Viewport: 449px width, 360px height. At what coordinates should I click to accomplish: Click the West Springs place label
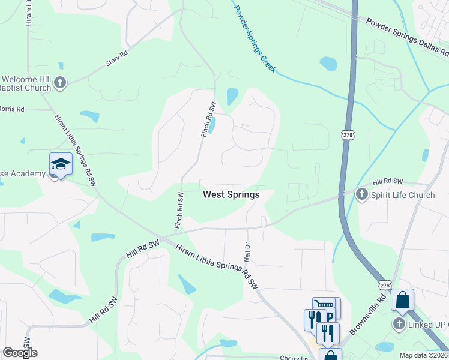click(231, 194)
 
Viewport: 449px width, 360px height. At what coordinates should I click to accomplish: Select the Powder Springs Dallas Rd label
click(408, 35)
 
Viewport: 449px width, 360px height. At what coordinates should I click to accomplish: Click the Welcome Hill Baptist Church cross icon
click(59, 83)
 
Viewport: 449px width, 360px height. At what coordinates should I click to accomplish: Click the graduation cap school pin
click(61, 164)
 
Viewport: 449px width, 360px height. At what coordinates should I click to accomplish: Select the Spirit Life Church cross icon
click(361, 194)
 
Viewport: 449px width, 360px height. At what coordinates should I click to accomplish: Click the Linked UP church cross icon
click(399, 324)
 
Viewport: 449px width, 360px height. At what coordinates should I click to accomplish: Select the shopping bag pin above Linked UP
click(402, 299)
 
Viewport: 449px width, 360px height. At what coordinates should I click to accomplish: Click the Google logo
click(20, 353)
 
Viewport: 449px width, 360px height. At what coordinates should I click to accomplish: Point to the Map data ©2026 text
click(423, 355)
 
